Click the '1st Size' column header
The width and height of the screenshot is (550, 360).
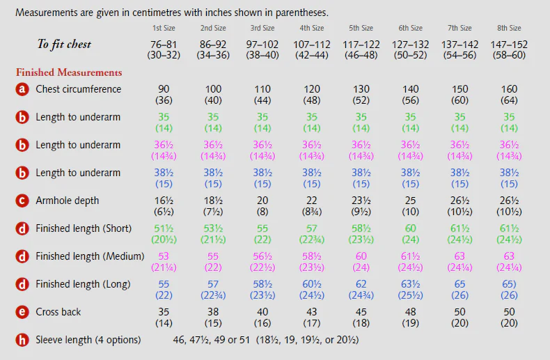(x=164, y=29)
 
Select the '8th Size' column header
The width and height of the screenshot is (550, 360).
(x=509, y=29)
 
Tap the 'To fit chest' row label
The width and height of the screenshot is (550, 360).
(x=64, y=45)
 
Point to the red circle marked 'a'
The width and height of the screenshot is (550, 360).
(x=22, y=89)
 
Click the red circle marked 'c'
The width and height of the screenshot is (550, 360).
(x=22, y=201)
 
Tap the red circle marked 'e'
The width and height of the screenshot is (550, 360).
(x=22, y=312)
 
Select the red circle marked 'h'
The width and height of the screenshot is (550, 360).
(x=22, y=340)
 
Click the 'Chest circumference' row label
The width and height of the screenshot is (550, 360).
(x=78, y=89)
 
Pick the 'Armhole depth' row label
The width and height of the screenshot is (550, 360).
(x=68, y=201)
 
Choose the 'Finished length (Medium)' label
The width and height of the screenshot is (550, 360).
(x=90, y=256)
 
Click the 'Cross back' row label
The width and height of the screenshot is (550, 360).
(x=58, y=312)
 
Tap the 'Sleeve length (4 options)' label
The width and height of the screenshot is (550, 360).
(x=88, y=340)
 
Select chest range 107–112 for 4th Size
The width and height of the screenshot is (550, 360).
(x=312, y=45)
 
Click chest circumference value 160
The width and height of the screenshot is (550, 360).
(x=509, y=89)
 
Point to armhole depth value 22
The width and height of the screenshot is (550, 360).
(x=312, y=201)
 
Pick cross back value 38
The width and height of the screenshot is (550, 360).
(x=213, y=312)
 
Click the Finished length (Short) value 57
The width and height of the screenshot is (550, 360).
(x=312, y=228)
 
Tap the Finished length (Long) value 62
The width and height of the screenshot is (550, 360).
(x=361, y=284)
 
